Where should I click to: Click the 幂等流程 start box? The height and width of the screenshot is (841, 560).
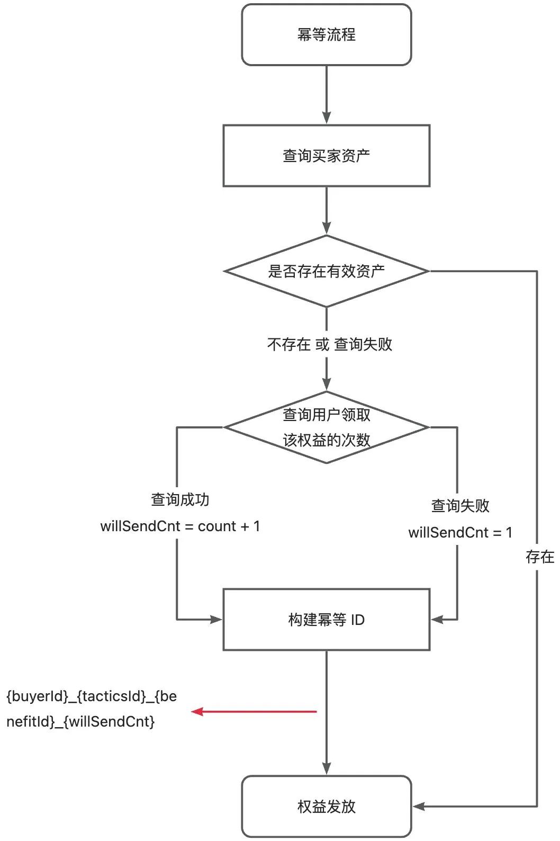point(326,35)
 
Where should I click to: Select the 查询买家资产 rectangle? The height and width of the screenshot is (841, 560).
point(326,156)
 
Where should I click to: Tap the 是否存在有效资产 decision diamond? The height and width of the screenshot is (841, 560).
point(326,271)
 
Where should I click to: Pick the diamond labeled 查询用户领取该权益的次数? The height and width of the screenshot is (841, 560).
point(326,427)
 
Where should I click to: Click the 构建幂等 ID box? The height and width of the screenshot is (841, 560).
point(326,620)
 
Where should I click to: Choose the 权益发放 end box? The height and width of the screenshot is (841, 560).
point(326,807)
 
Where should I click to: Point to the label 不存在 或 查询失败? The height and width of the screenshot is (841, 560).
point(329,345)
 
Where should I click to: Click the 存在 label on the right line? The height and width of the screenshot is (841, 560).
point(539,557)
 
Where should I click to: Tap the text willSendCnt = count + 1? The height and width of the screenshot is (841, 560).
point(180,526)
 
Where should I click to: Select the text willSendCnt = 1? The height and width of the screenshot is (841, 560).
point(460,533)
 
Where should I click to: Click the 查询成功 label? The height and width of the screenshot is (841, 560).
point(180,499)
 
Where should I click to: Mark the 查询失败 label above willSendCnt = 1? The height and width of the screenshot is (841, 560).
point(460,506)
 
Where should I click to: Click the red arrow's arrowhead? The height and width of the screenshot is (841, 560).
point(197,712)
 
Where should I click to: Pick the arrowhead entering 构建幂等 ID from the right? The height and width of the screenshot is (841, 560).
point(437,619)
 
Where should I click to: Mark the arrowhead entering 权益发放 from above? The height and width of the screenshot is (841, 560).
point(327,768)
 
